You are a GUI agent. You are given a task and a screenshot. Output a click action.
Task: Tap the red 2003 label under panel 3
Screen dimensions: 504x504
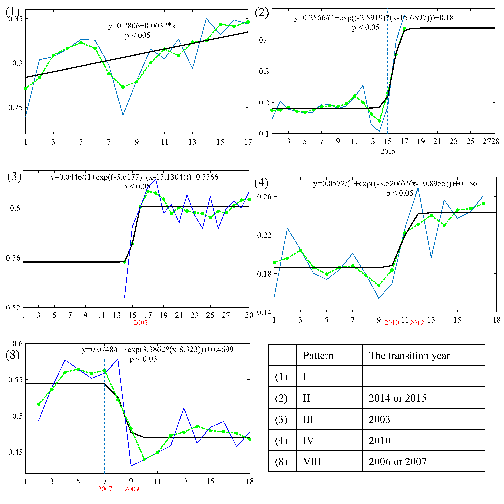point(140,323)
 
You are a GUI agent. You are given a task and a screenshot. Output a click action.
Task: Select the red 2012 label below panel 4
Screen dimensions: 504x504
point(416,323)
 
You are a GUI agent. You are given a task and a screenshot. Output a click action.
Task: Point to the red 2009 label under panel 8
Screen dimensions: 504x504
point(132,489)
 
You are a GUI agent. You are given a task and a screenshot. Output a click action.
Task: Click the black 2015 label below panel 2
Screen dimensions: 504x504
point(388,151)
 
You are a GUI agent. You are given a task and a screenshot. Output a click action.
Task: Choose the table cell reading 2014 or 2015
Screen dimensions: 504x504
point(397,398)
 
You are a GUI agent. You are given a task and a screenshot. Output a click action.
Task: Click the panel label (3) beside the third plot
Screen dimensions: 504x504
point(14,176)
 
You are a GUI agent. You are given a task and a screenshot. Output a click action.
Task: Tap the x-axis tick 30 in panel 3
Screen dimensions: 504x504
point(249,315)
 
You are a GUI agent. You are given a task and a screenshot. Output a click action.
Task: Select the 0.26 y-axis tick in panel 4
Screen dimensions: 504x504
point(264,197)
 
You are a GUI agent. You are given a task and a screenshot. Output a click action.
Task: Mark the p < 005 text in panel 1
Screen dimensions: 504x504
point(137,36)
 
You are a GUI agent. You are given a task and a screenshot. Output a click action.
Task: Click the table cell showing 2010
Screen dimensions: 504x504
point(379,441)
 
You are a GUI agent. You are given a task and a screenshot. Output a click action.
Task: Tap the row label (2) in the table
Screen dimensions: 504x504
point(281,398)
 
